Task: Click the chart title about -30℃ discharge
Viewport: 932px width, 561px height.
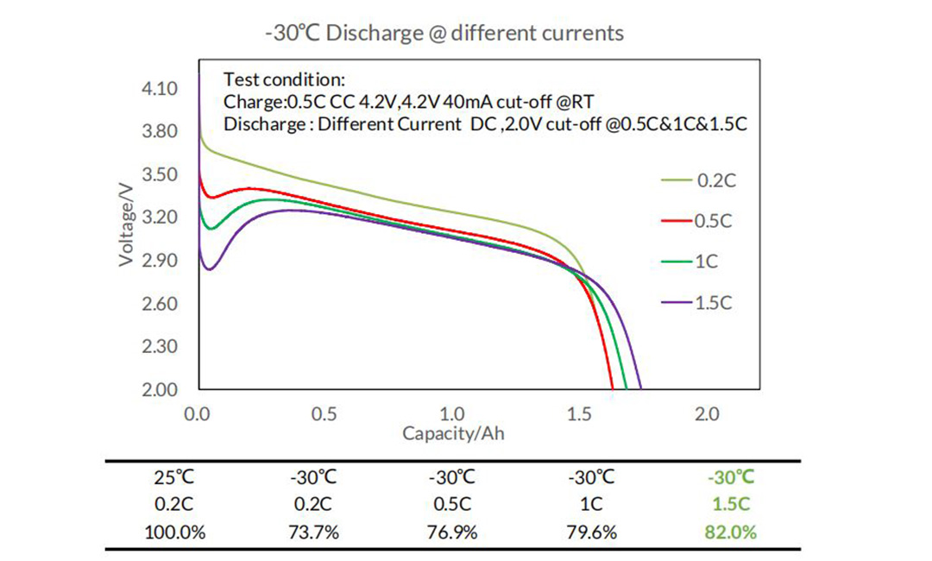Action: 444,34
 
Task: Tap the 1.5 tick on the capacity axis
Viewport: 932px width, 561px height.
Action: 578,414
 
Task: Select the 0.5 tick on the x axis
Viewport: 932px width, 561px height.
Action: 324,414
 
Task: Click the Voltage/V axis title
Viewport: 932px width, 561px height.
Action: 127,223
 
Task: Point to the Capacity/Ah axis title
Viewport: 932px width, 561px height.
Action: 453,433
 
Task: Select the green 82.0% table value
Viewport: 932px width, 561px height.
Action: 731,533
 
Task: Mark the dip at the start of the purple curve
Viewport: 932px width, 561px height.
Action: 209,269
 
